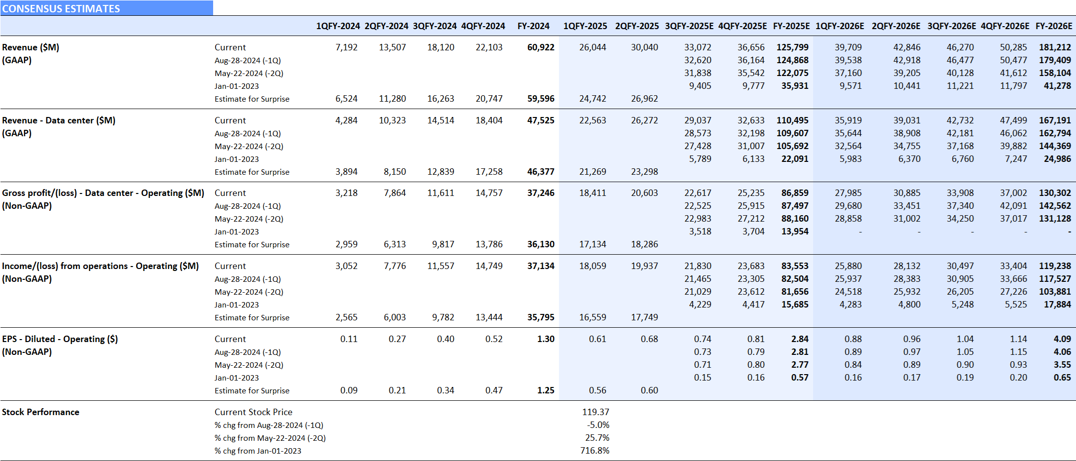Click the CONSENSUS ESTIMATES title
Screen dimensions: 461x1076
tap(61, 8)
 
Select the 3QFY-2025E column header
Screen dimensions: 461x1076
tap(689, 26)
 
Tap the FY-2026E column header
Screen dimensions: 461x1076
tap(1053, 26)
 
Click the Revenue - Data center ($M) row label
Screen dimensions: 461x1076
tap(59, 120)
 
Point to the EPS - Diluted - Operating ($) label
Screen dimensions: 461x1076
tap(60, 339)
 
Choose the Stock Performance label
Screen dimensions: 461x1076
tap(40, 412)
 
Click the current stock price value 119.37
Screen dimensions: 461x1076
tap(595, 412)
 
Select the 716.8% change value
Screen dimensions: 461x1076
tap(594, 451)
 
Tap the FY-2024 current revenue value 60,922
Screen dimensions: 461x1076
tap(541, 47)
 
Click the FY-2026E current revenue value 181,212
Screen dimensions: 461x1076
tap(1055, 47)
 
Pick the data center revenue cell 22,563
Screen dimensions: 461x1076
tap(593, 120)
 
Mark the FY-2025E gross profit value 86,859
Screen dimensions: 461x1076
tap(795, 193)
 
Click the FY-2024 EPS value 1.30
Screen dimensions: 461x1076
tap(546, 339)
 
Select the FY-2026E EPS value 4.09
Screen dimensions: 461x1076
tap(1062, 339)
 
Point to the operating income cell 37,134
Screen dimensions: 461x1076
tap(541, 266)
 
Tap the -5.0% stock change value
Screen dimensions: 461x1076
tap(598, 425)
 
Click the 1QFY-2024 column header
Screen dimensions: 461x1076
tap(338, 26)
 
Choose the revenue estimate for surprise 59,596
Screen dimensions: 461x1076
tap(541, 99)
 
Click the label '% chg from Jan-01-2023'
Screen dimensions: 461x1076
tap(258, 451)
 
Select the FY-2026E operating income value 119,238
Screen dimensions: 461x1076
tap(1055, 266)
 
